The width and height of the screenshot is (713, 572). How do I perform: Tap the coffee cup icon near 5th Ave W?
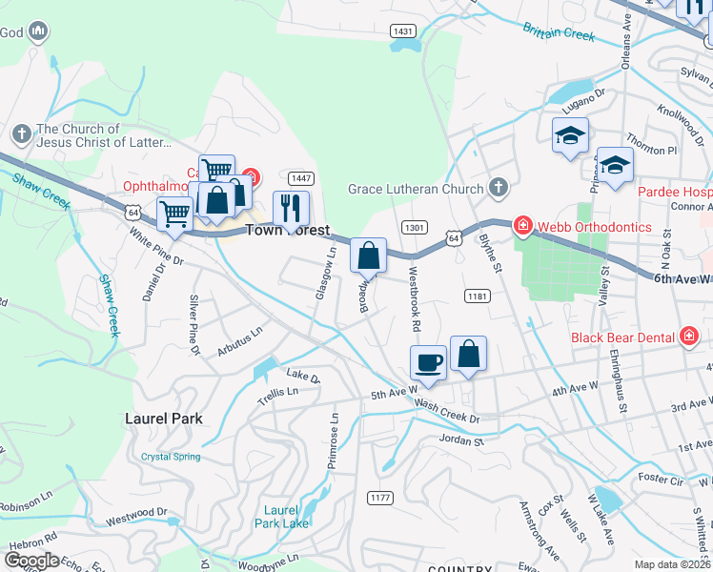coord(428,362)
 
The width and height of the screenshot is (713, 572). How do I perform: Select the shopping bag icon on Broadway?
coord(368,255)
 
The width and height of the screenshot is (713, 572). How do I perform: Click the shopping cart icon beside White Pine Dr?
coord(174,214)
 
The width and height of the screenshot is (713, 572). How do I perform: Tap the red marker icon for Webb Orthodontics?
coord(522,227)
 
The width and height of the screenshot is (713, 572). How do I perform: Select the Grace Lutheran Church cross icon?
coord(497,188)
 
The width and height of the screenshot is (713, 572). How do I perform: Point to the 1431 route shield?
coord(403,31)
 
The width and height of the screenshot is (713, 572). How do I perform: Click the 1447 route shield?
coord(301,178)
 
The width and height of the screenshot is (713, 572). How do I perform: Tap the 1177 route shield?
coord(379,497)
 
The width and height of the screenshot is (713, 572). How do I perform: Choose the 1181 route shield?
coord(478,297)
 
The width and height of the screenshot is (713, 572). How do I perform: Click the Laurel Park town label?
coord(158,418)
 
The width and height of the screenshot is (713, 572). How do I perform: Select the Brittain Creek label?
coord(559,31)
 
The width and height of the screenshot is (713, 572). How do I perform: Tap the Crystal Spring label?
coord(171,457)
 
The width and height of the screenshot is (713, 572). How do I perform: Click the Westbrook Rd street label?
coord(415,298)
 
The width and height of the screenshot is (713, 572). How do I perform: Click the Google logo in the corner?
coord(31,560)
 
